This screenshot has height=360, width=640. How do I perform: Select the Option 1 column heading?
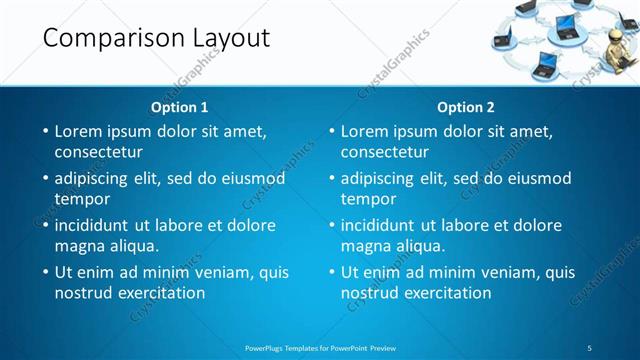tap(180, 107)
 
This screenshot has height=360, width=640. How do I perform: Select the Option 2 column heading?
tap(466, 107)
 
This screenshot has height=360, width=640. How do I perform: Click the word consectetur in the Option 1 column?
tap(98, 152)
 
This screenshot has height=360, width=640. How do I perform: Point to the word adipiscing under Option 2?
tap(378, 179)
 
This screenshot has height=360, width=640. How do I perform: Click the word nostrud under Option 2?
tap(369, 293)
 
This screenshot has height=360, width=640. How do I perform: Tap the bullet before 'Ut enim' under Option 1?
tap(45, 272)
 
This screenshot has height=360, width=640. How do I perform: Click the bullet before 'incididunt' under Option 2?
tap(331, 225)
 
